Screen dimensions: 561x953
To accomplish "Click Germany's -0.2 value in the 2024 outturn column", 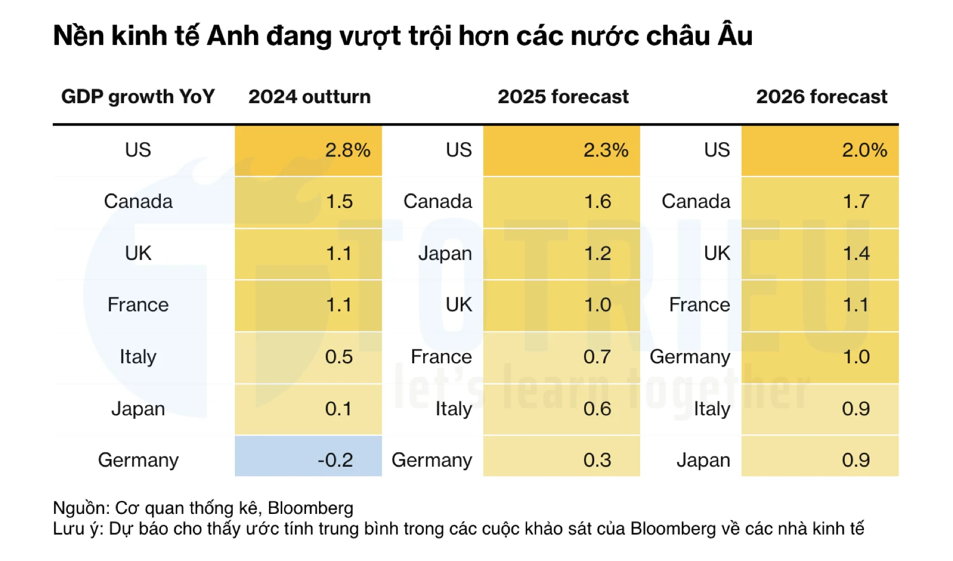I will [x=335, y=460].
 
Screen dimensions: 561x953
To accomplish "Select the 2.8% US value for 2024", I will [x=348, y=150].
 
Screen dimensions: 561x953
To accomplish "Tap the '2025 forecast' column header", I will [x=563, y=97].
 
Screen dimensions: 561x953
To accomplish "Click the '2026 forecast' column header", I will [x=821, y=97].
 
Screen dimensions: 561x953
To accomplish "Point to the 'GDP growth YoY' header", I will [x=138, y=97].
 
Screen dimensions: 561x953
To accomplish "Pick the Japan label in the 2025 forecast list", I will [x=445, y=253].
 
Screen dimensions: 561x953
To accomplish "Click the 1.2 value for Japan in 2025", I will [x=598, y=253].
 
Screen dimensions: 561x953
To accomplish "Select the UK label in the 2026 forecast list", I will [x=717, y=253].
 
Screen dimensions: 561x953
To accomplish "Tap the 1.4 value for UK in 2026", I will [x=856, y=253].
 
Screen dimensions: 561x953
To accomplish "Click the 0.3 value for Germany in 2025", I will [x=597, y=460].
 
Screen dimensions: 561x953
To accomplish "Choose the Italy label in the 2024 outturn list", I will [x=138, y=357].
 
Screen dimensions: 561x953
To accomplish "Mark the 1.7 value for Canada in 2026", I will [x=856, y=202].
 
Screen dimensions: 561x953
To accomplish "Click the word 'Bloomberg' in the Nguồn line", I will [x=311, y=508].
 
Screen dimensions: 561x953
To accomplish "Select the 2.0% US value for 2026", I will [x=864, y=150].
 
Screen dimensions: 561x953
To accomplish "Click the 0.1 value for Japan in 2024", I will [x=339, y=409].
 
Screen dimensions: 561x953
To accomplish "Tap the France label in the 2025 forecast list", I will [x=441, y=357].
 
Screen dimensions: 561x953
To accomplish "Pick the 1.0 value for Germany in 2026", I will [x=856, y=357].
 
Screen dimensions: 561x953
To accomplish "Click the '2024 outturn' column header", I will [x=309, y=97].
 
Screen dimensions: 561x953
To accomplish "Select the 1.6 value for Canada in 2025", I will [x=598, y=202].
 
